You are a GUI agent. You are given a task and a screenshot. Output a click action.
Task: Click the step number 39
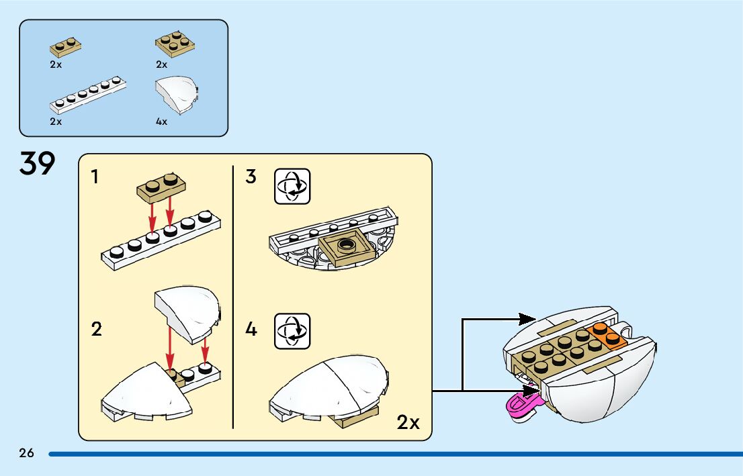coord(38,163)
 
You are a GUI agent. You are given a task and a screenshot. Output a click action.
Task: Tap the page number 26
coord(27,453)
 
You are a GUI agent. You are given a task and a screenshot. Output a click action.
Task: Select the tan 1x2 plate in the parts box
coord(65,47)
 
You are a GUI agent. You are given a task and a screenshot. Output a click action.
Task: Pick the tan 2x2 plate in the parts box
coord(175,44)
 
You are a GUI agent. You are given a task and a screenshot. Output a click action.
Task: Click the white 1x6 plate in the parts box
coord(88,95)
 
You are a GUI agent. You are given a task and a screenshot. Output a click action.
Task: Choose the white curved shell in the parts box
coord(176,95)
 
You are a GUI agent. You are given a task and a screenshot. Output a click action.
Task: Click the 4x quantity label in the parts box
coord(162,122)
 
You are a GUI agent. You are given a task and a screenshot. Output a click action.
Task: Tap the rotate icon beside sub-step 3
coord(292,187)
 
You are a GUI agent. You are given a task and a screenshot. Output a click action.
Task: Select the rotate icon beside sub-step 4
coord(292,332)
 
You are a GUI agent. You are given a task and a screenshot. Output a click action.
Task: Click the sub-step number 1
coord(95,177)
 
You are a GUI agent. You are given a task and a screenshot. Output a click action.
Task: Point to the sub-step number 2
coord(96,329)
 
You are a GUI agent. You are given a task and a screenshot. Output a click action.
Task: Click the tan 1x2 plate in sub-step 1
coord(161,187)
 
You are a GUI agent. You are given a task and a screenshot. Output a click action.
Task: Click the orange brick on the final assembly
coord(607,336)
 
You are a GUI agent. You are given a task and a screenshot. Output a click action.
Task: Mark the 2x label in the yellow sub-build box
coord(408,422)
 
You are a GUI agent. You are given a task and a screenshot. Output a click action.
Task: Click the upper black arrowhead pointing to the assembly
coord(527,319)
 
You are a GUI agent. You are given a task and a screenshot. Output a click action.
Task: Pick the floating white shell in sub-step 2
coord(187,314)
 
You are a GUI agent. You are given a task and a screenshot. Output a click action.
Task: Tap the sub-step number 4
coord(251,329)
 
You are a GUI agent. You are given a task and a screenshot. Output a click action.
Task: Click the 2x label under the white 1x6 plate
coord(56,122)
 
